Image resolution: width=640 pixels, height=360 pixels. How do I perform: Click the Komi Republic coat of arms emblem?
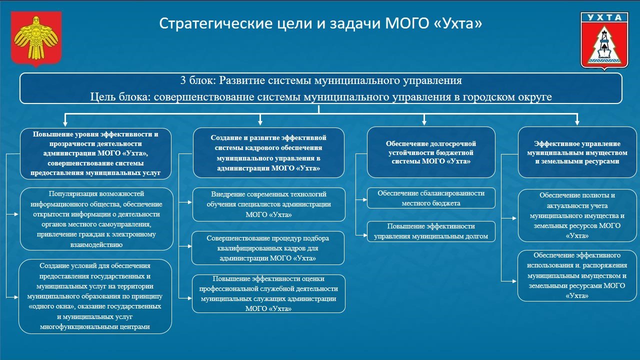click(x=36, y=39)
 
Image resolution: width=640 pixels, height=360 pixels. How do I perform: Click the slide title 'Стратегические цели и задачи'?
click(x=320, y=23)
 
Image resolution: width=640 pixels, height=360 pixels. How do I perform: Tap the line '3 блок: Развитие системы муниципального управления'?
click(x=320, y=80)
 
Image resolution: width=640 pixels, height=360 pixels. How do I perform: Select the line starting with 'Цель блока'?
click(x=320, y=97)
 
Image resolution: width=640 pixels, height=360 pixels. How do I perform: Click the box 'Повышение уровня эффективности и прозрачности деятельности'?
click(x=95, y=153)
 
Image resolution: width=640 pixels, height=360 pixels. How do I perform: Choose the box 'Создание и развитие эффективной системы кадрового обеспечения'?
click(x=268, y=153)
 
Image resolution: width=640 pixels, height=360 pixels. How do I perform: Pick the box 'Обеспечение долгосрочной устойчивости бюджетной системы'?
click(x=431, y=152)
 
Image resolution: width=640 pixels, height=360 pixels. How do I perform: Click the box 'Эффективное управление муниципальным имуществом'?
click(x=576, y=152)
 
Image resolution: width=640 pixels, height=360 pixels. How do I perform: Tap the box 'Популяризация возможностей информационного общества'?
click(x=95, y=219)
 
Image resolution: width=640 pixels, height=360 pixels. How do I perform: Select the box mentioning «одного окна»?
click(x=95, y=296)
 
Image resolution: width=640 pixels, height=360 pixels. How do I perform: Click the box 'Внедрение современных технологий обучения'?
click(x=268, y=204)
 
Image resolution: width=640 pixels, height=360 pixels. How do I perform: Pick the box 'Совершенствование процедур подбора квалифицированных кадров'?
click(x=268, y=248)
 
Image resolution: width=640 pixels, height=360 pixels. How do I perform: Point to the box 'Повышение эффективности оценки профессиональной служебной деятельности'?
click(x=268, y=294)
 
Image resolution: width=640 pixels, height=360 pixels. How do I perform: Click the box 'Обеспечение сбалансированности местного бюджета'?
click(x=431, y=198)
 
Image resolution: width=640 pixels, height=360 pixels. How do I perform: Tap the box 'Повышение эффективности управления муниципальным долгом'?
click(x=431, y=231)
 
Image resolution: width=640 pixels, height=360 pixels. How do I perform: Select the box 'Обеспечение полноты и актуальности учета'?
click(x=576, y=215)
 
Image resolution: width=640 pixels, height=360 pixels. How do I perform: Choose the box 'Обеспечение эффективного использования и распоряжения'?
click(x=576, y=275)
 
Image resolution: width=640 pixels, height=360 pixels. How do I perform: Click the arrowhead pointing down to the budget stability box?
click(x=424, y=121)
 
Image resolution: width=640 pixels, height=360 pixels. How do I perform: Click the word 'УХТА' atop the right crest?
click(x=604, y=17)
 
